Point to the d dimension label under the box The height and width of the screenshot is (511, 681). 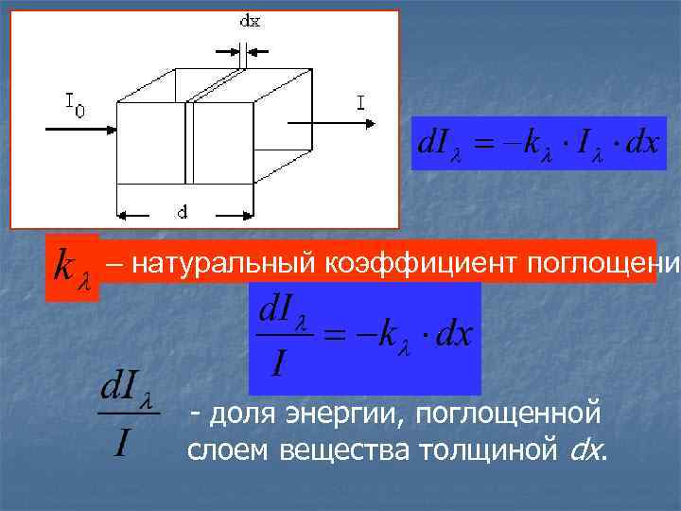coord(182,212)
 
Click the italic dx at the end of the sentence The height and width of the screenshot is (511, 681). coord(586,450)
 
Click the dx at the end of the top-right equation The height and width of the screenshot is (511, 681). coord(638,146)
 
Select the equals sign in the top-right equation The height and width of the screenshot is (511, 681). coord(483,146)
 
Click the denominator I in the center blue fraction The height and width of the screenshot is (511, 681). coord(277,362)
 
